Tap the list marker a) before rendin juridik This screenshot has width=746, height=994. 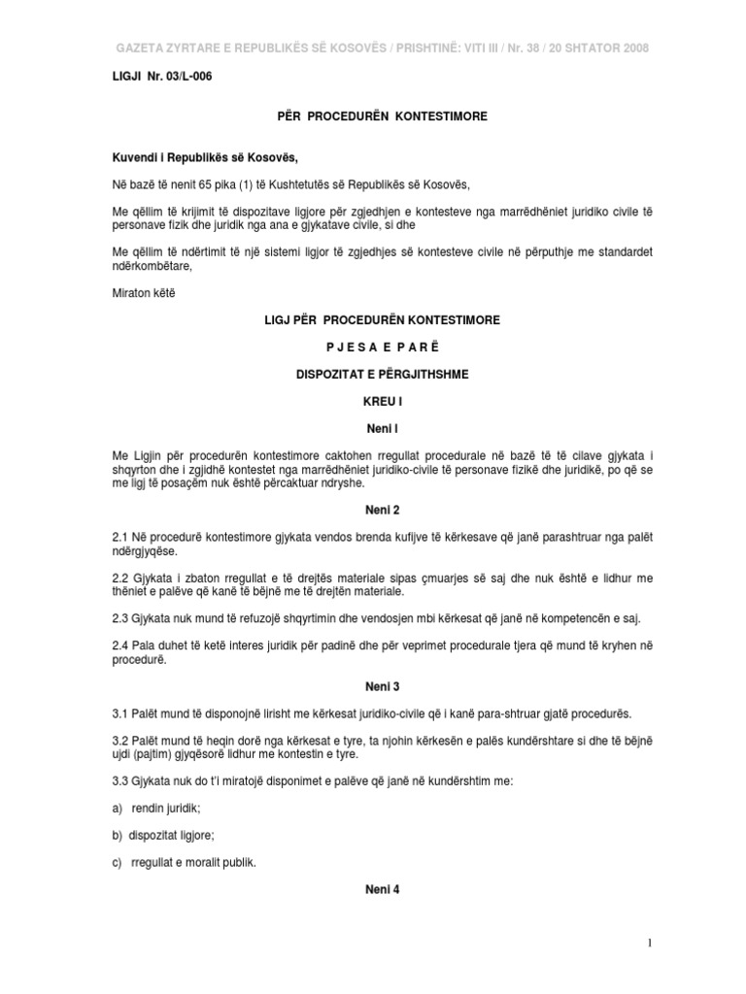119,808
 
